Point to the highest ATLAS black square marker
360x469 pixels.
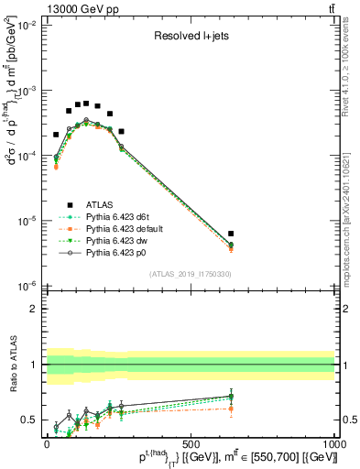pos(86,103)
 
